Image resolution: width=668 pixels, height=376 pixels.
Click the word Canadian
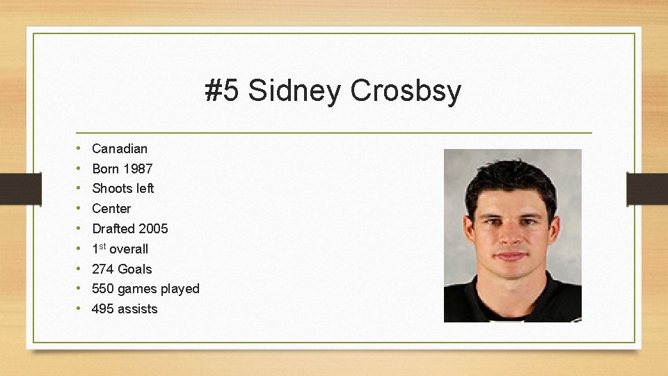pyautogui.click(x=120, y=148)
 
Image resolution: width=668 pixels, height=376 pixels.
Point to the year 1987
pyautogui.click(x=138, y=169)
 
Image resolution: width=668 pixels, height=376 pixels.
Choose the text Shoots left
pyautogui.click(x=123, y=189)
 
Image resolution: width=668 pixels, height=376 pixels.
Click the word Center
pyautogui.click(x=111, y=209)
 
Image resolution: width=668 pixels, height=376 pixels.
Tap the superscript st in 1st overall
pyautogui.click(x=102, y=246)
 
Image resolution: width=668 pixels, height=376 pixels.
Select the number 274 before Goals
pyautogui.click(x=103, y=269)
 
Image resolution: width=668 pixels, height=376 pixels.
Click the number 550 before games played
pyautogui.click(x=103, y=289)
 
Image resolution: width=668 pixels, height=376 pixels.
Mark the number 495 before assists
pyautogui.click(x=103, y=309)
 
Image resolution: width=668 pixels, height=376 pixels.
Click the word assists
pyautogui.click(x=138, y=309)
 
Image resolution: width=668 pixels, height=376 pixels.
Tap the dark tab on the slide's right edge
pyautogui.click(x=647, y=189)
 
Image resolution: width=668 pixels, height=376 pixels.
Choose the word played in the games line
pyautogui.click(x=180, y=289)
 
